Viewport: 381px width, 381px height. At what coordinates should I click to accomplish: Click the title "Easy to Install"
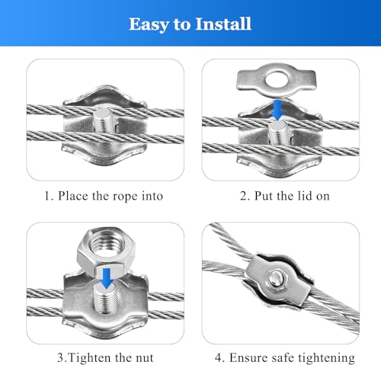tap(190, 24)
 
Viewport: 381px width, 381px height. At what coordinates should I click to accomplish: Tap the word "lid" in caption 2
tap(301, 196)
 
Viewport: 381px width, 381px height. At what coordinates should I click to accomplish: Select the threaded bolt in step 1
tap(104, 122)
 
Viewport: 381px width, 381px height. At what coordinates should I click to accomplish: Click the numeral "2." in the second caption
tap(244, 196)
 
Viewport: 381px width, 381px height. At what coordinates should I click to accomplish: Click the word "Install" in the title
tap(223, 24)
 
